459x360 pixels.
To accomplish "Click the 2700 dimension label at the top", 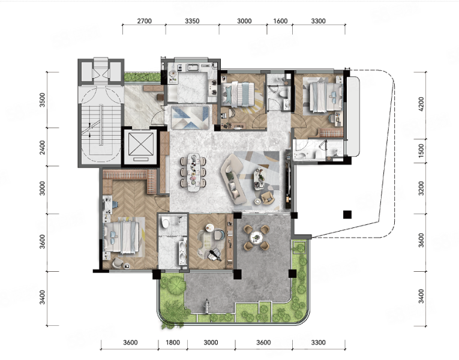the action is tap(145, 21).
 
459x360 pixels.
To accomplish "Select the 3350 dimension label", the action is tap(192, 21).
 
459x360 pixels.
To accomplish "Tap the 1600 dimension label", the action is tap(280, 21).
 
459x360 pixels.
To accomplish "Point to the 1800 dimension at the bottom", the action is tap(173, 343).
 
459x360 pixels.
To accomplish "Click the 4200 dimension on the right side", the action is tap(421, 104).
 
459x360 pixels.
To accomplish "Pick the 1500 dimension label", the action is tap(421, 151).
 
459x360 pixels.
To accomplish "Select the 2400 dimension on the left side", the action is tap(43, 148).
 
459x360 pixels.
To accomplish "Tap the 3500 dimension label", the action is tap(43, 100).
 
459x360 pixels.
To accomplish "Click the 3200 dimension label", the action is tap(421, 188).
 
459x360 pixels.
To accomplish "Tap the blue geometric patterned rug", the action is tap(190, 117).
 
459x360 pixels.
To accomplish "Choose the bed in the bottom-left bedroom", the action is tap(122, 237).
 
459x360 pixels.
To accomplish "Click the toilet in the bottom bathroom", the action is tap(166, 223).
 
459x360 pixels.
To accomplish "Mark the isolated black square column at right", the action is tap(347, 215).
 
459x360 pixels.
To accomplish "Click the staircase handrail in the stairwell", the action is tap(101, 125).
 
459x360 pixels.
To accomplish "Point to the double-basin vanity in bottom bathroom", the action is tap(182, 251).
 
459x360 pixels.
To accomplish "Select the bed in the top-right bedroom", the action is tap(326, 97).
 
